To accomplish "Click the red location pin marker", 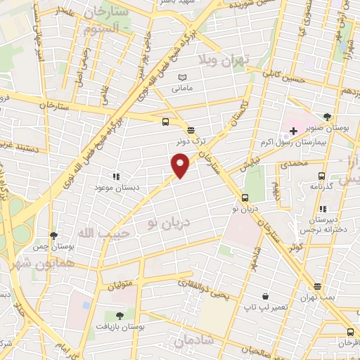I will click(181, 165).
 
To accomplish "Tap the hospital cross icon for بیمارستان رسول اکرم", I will click(293, 131).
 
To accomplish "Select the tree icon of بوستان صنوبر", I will click(327, 117).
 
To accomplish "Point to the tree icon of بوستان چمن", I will click(53, 236).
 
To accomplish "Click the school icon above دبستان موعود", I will click(115, 177).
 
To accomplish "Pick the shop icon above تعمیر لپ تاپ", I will click(265, 297).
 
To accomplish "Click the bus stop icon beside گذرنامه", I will click(321, 176).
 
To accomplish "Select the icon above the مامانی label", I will click(183, 77).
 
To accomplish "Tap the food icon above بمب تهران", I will click(318, 287).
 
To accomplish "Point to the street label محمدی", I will click(293, 162).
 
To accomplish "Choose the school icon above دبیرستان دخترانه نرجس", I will click(322, 209).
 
